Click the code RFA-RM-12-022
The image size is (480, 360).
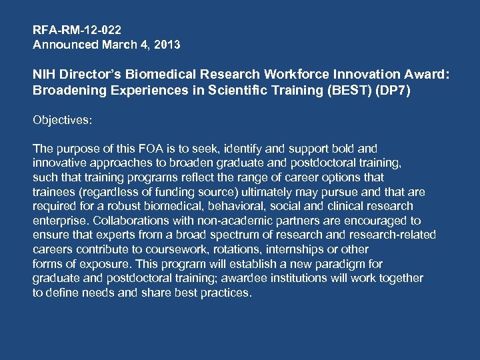point(77,30)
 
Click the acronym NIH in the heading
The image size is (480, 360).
point(43,76)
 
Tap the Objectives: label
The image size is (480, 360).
point(63,121)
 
